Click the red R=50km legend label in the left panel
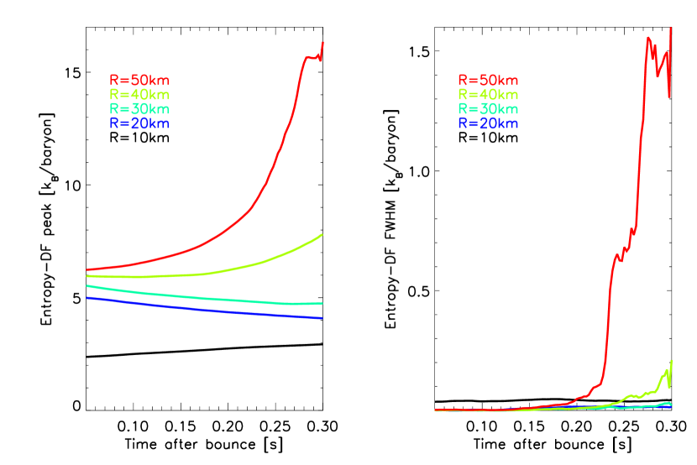click(139, 81)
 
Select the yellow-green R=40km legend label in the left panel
click(139, 95)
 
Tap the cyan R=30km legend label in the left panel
click(139, 109)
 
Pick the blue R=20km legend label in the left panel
click(139, 123)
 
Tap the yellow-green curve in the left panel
click(252, 265)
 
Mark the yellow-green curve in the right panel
click(647, 393)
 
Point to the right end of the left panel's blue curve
click(322, 318)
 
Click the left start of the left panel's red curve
click(87, 269)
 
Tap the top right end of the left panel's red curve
click(322, 43)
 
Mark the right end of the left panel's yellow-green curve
click(322, 235)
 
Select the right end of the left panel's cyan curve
click(322, 304)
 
